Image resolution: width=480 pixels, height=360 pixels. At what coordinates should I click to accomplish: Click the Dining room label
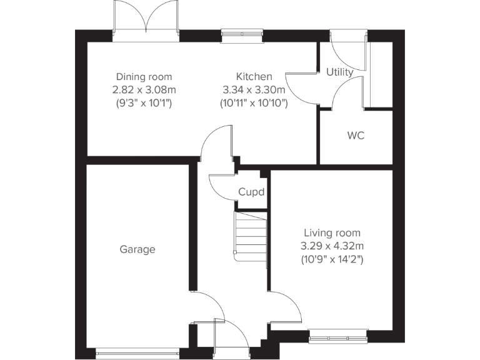pos(144,77)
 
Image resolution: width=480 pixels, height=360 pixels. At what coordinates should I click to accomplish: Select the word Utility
pos(340,72)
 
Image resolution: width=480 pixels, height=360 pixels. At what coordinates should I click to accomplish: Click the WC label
pos(356,135)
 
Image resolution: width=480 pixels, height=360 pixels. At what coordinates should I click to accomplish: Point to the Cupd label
pos(251,192)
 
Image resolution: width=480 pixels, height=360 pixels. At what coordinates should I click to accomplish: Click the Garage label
pos(137,249)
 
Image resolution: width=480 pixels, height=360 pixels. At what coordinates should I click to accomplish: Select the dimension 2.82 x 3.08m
pos(144,89)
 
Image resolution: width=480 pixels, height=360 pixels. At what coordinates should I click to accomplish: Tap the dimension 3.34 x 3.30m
pos(253,89)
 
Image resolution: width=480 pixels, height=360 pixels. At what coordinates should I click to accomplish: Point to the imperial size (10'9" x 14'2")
pos(332,257)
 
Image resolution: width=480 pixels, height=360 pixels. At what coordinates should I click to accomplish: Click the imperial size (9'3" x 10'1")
pos(144,102)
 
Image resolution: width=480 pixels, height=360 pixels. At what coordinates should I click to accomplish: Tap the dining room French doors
pos(146,19)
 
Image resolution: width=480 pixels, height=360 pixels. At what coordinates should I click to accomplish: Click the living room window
pos(338,338)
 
